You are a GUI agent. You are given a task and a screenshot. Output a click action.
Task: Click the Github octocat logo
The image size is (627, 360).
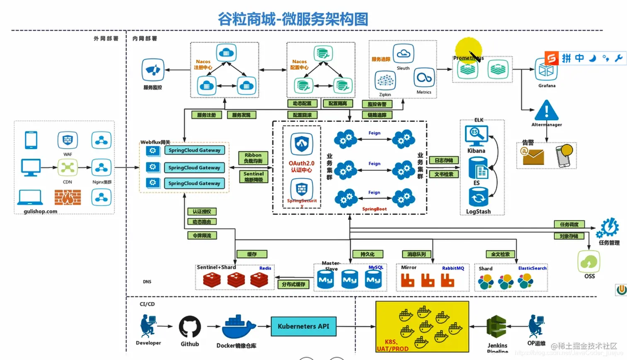point(190,327)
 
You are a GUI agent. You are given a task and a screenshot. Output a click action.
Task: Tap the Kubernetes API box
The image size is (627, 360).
point(304,326)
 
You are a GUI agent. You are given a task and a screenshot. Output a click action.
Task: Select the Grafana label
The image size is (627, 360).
point(547,86)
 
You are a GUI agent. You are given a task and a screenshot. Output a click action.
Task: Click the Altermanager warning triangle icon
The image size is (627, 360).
point(547,110)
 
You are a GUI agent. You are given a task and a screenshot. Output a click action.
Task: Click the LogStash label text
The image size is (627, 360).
point(478,212)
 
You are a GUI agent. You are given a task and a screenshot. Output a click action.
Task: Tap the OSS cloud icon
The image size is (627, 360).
point(589,261)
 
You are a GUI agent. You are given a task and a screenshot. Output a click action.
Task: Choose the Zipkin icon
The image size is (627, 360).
point(385,80)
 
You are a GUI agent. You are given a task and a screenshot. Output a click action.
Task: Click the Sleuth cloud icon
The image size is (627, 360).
point(403,54)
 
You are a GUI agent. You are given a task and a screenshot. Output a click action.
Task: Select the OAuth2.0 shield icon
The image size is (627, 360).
point(301,144)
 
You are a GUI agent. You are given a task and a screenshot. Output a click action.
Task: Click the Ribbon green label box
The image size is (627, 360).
point(253,158)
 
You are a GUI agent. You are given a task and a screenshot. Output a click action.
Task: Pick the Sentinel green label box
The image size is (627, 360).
point(253,177)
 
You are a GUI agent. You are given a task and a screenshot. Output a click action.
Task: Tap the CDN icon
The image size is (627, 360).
point(68,168)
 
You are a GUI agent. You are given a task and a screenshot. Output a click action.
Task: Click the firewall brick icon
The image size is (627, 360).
point(68,197)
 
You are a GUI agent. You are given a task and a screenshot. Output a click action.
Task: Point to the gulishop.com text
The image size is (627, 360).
point(41,212)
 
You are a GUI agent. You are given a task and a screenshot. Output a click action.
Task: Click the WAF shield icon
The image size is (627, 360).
point(68,140)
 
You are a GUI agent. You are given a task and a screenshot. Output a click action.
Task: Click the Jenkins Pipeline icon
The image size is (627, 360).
point(496,327)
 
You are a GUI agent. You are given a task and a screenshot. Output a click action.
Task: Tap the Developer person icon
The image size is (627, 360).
point(148,326)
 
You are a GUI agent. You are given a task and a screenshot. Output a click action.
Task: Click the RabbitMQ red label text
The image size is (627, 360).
point(453,268)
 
